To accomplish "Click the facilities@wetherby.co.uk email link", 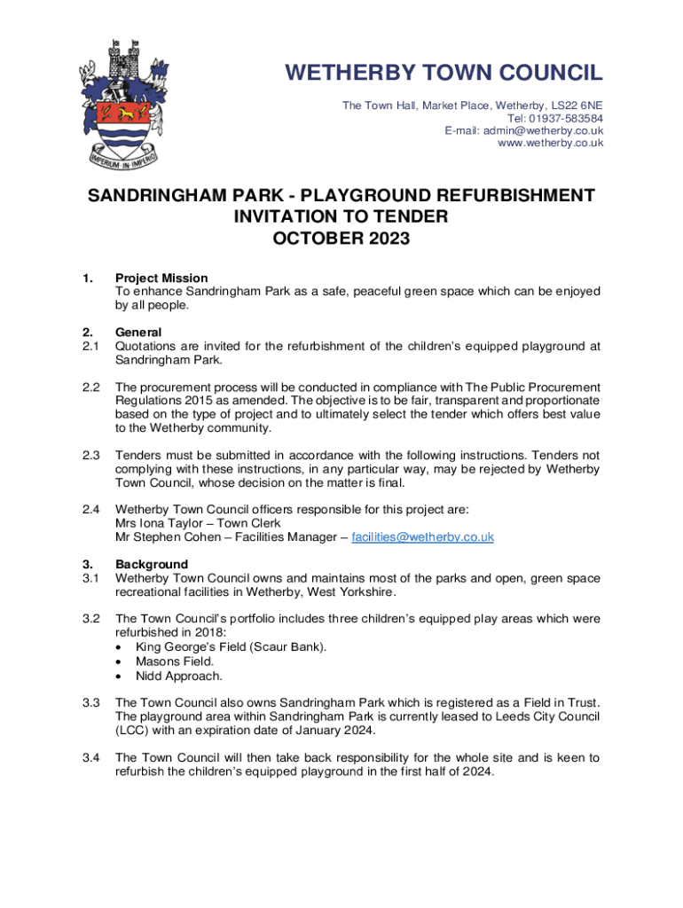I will point(422,537).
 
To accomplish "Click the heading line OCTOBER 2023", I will point(341,239).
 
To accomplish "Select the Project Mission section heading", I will point(161,278).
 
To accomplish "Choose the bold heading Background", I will point(152,565).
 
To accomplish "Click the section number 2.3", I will point(90,456).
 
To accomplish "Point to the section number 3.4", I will point(90,758).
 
